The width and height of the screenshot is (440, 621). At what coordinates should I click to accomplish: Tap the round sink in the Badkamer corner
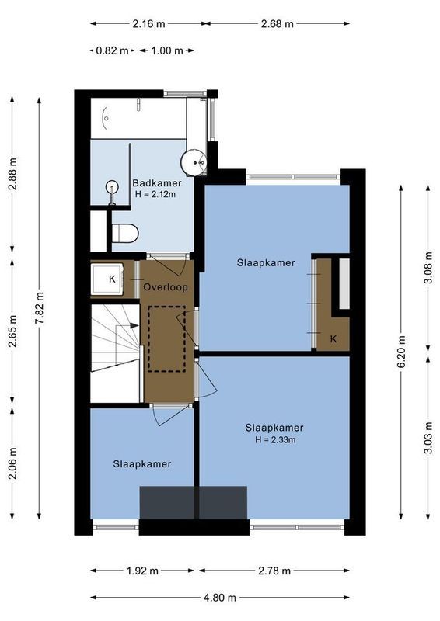194,161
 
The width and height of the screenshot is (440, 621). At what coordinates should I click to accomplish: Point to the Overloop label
166,286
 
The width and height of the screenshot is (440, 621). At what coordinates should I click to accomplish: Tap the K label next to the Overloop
112,279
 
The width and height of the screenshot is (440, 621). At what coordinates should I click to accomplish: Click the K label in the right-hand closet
333,338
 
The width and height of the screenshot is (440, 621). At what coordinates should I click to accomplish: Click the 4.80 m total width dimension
220,598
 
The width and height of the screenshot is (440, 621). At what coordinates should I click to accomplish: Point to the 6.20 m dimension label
401,351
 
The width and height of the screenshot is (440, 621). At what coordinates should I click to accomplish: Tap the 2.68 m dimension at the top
278,23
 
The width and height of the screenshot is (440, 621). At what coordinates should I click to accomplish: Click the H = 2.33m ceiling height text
274,439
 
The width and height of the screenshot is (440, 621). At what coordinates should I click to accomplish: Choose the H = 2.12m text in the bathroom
155,194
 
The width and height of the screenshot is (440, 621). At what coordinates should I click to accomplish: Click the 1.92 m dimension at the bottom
142,571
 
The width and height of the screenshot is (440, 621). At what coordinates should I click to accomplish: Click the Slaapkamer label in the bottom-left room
142,463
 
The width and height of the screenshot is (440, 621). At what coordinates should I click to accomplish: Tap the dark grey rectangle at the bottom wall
193,503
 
